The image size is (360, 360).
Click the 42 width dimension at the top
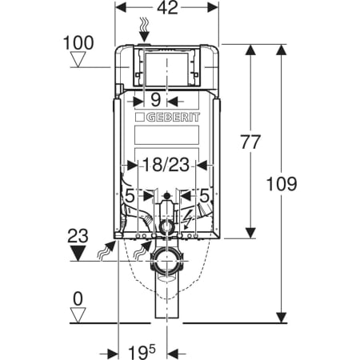pyautogui.click(x=167, y=8)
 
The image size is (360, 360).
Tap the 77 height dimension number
pyautogui.click(x=250, y=142)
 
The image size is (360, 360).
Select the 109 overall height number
pyautogui.click(x=282, y=184)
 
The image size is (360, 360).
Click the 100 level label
pyautogui.click(x=78, y=42)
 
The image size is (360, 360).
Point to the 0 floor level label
pyautogui.click(x=78, y=299)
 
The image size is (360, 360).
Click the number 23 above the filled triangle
pyautogui.click(x=78, y=236)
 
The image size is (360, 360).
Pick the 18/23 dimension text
pyautogui.click(x=166, y=164)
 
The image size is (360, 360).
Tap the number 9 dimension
pyautogui.click(x=156, y=99)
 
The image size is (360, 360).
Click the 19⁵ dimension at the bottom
pyautogui.click(x=142, y=352)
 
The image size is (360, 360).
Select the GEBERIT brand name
pyautogui.click(x=173, y=118)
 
